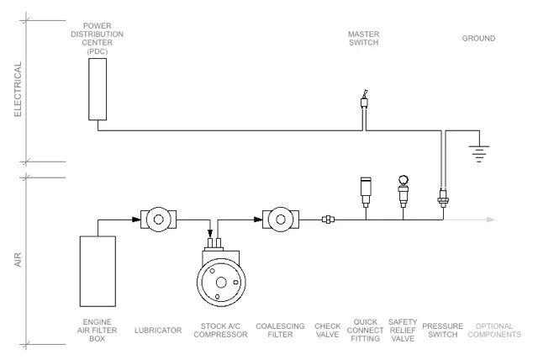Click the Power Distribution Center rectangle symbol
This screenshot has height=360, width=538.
click(x=98, y=89)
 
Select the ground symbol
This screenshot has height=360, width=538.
click(x=479, y=153)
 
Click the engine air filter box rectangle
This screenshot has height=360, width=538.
click(x=98, y=271)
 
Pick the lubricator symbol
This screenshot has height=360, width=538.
click(x=159, y=220)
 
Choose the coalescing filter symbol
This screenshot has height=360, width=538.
click(x=281, y=220)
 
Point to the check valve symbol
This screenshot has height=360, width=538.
click(x=329, y=220)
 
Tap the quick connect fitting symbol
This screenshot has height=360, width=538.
click(x=366, y=192)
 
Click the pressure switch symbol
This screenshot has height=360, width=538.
click(x=443, y=198)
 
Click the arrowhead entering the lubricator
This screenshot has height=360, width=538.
click(x=136, y=220)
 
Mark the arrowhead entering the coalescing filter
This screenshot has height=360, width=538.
click(x=258, y=220)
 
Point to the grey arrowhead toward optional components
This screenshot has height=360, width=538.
click(x=491, y=220)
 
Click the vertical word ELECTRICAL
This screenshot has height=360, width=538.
click(x=18, y=89)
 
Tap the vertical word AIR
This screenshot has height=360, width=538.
click(x=18, y=260)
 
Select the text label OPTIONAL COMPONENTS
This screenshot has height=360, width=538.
click(x=494, y=331)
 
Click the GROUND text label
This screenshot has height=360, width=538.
click(x=478, y=39)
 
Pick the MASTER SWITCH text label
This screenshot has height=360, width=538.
click(x=364, y=39)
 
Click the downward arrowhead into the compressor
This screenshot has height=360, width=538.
click(x=210, y=234)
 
